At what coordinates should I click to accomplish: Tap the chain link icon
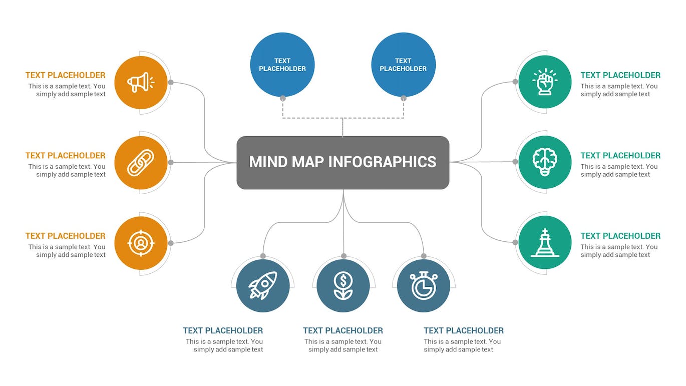click(x=141, y=163)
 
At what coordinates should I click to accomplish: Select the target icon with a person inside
click(x=141, y=243)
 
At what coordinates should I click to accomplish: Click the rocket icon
click(x=263, y=286)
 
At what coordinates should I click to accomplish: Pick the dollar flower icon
click(x=343, y=286)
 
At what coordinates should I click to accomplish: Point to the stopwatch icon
click(x=424, y=286)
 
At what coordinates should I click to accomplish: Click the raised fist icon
click(x=545, y=83)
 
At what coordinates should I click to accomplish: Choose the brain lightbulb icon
click(x=545, y=163)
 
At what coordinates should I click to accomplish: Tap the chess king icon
click(x=545, y=243)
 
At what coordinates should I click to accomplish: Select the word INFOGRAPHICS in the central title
click(x=382, y=162)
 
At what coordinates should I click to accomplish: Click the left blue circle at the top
click(x=282, y=65)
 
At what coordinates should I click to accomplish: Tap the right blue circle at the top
click(x=403, y=65)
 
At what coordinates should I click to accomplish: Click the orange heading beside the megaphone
click(x=66, y=76)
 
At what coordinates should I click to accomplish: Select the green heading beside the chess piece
click(x=620, y=236)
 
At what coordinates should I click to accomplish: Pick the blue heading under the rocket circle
click(x=223, y=331)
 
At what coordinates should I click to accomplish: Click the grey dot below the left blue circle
click(x=283, y=99)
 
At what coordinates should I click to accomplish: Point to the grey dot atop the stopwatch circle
click(x=424, y=256)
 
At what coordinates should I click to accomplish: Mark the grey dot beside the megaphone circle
click(x=171, y=83)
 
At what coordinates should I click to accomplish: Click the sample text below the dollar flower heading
click(x=343, y=346)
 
